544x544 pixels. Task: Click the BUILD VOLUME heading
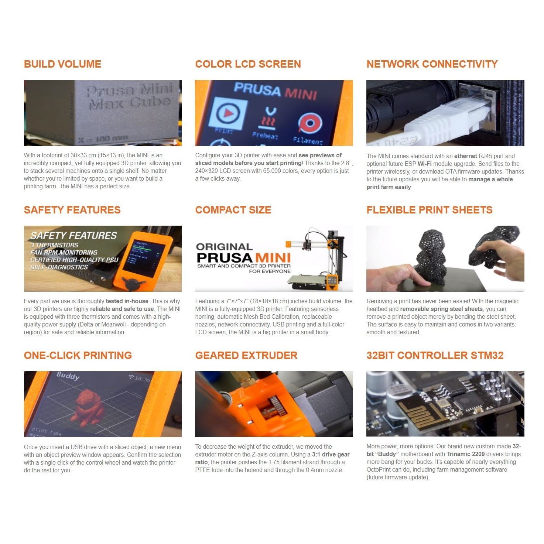[62, 64]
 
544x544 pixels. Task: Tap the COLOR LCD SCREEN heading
[248, 64]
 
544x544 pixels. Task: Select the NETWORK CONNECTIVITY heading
[432, 64]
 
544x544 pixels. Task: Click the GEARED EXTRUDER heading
[246, 355]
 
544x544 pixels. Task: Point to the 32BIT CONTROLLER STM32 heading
[435, 355]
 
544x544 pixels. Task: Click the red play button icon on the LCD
[228, 113]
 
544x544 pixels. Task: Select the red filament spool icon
[310, 123]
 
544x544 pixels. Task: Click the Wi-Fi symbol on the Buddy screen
[131, 377]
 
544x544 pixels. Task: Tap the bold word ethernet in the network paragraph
[465, 156]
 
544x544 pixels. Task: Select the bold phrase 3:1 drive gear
[331, 454]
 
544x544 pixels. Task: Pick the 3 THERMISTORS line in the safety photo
[54, 245]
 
